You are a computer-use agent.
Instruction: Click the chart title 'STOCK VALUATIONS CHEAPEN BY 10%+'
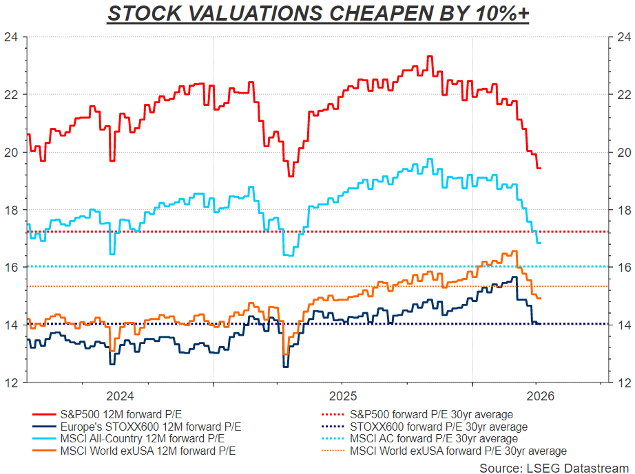click(317, 13)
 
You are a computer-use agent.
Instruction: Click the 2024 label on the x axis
click(121, 396)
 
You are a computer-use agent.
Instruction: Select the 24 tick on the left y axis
click(12, 37)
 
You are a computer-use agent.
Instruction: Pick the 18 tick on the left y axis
click(12, 210)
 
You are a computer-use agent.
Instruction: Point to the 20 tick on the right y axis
click(623, 152)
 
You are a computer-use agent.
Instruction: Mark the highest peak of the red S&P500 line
click(430, 56)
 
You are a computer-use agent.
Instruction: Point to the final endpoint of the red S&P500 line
click(541, 168)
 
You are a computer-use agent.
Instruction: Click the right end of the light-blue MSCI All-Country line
click(541, 243)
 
